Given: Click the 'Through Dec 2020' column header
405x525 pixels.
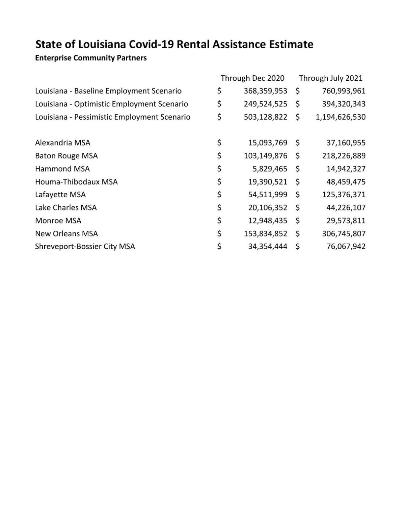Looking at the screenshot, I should coord(252,78).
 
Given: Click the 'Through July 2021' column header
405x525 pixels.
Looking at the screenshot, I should coord(330,78).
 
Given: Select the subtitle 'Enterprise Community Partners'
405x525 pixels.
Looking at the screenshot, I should coord(91,58).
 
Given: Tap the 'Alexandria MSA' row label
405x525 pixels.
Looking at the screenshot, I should coord(63,143).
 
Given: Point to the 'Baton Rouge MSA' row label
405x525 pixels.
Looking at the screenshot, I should coord(66,156).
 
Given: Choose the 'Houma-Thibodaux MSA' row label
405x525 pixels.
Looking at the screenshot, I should coord(76,182).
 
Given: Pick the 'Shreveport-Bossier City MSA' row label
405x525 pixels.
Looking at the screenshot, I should coord(85,246).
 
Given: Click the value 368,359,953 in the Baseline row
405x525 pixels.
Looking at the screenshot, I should coord(265,91).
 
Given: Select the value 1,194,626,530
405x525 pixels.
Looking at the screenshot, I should coord(341,117).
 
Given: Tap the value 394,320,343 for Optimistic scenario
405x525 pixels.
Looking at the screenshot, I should coord(344,104).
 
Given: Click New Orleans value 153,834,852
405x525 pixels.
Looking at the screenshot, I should coord(265,233).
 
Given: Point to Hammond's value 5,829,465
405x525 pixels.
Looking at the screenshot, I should coord(270,169).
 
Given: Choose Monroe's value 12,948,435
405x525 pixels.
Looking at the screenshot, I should coord(268,221).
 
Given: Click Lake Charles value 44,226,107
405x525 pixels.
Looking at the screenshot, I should coord(346,207).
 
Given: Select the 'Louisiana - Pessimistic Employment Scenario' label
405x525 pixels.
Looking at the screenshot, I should coord(113,117).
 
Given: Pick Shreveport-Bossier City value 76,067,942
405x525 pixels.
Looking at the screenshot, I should coord(346,246).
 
